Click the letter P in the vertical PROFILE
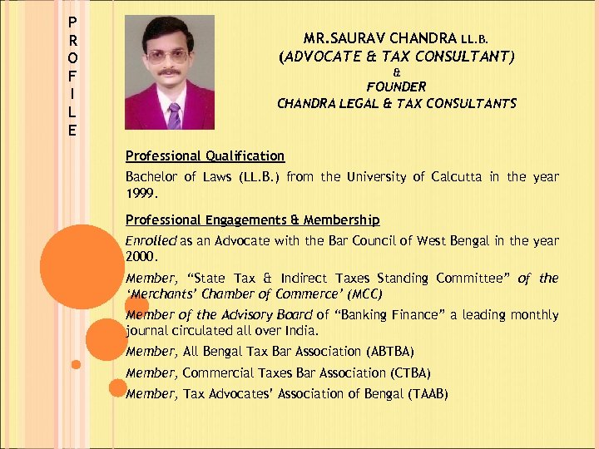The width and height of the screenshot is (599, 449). (x=73, y=22)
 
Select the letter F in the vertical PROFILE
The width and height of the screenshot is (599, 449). (x=73, y=76)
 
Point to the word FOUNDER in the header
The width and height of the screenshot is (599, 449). (x=396, y=86)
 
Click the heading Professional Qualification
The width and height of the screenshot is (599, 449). (x=205, y=155)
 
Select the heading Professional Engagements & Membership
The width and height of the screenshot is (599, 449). (x=252, y=220)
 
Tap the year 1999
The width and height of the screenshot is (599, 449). (x=139, y=192)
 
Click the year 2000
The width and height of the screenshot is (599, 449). (x=139, y=256)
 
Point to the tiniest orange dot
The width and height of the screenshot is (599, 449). (x=76, y=364)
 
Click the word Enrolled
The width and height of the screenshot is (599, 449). (x=151, y=240)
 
